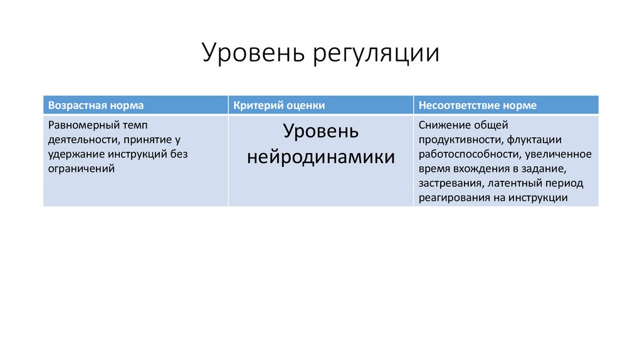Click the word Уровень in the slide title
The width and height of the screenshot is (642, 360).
249,53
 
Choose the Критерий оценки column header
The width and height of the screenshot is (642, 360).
279,105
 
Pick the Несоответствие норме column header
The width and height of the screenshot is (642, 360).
478,105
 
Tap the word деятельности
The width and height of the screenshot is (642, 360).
80,139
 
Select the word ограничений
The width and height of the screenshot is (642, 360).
82,168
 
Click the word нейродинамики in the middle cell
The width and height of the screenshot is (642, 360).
320,157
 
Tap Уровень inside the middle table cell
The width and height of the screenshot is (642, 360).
320,132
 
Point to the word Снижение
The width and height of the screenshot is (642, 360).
447,125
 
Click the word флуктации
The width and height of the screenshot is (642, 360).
535,139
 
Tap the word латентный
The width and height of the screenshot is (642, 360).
515,183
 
